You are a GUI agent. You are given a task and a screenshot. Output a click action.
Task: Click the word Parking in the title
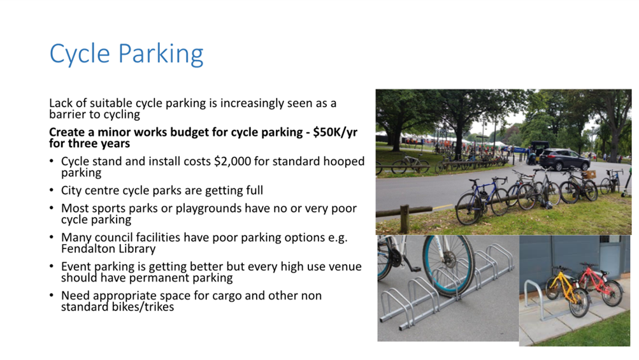[161, 54]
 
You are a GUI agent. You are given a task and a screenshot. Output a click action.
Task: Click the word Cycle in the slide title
[80, 54]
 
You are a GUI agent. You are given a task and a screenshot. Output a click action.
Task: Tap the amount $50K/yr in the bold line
[335, 132]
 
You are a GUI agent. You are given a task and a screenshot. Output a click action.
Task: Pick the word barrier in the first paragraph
[68, 114]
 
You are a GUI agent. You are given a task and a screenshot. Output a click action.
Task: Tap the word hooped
[344, 162]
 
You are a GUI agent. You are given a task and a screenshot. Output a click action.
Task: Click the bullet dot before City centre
[52, 191]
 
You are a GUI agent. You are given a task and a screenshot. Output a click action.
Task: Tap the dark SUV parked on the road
[564, 159]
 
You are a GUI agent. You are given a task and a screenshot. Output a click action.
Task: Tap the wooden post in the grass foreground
[405, 219]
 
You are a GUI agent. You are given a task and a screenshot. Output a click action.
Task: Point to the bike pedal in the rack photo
[415, 268]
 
